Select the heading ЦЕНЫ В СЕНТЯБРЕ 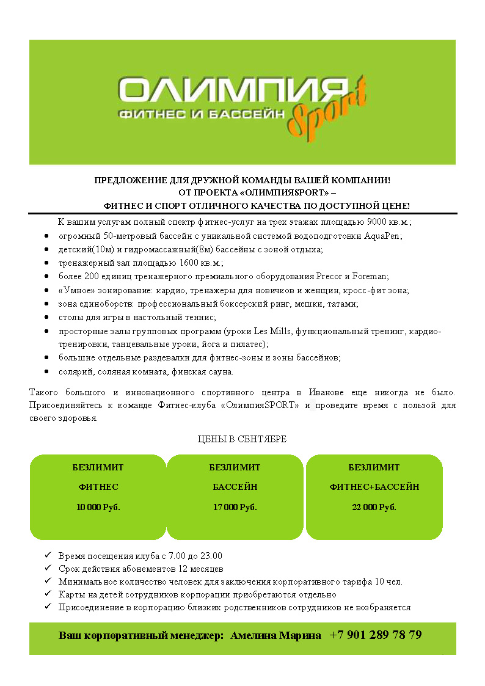[242, 439]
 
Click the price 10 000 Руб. [98, 507]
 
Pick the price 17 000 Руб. [235, 507]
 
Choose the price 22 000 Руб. [374, 507]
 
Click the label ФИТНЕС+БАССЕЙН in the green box [374, 487]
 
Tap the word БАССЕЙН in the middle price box [235, 487]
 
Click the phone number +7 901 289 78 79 [375, 635]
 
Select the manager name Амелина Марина [275, 635]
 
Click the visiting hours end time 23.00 [210, 556]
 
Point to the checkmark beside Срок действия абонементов [48, 568]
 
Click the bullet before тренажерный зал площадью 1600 [47, 263]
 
